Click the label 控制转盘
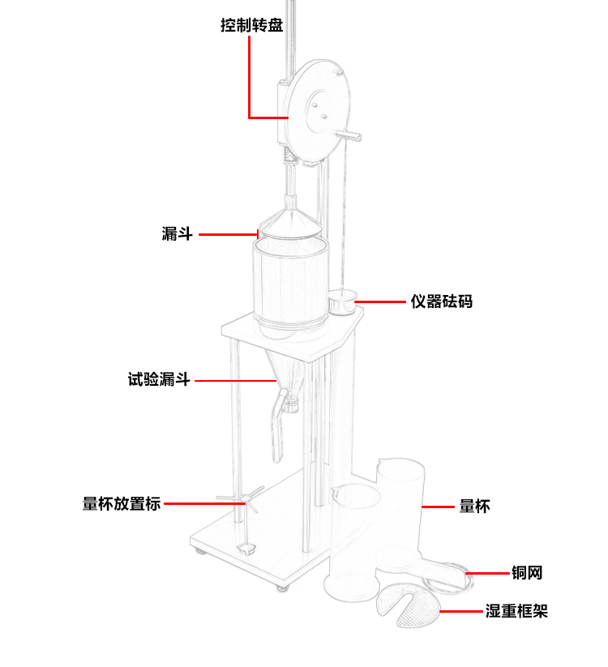pos(252,25)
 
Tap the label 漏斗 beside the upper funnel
pos(177,235)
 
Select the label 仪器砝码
pos(441,301)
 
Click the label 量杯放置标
pos(122,503)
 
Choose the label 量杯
pos(474,507)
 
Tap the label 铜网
pos(526,573)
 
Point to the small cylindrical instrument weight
pos(342,305)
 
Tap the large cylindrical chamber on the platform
pos(290,284)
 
